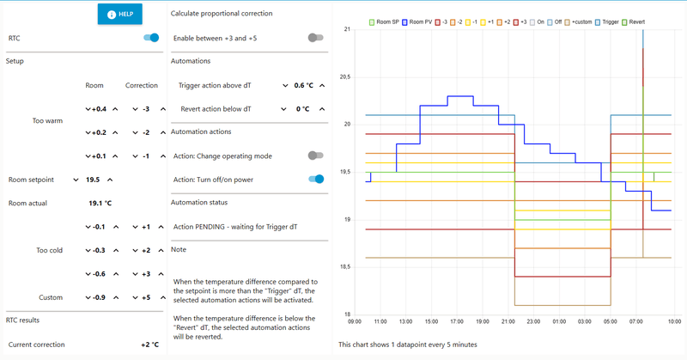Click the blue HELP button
119,15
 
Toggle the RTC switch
151,38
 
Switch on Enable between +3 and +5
316,38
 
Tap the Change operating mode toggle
316,156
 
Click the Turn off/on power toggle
316,180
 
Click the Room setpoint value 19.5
93,180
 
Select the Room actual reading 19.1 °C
100,204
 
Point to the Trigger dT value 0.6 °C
304,85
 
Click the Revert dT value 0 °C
302,109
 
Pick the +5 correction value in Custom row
146,297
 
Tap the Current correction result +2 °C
149,345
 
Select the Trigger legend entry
610,21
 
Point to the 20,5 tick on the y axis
346,77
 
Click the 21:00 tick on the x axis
508,321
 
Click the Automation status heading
200,203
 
